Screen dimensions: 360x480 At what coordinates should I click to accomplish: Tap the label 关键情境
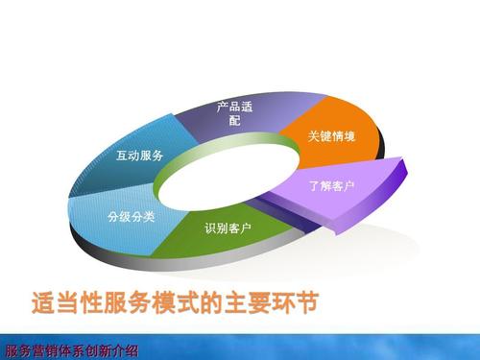coord(331,137)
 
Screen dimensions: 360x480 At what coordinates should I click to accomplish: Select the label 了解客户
coord(330,184)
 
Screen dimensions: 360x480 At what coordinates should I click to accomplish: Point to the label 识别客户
coord(228,228)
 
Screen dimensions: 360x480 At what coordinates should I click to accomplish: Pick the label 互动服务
coord(139,156)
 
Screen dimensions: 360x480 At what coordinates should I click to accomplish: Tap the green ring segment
coord(226,240)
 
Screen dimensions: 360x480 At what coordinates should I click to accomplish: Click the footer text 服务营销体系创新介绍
coord(72,349)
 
